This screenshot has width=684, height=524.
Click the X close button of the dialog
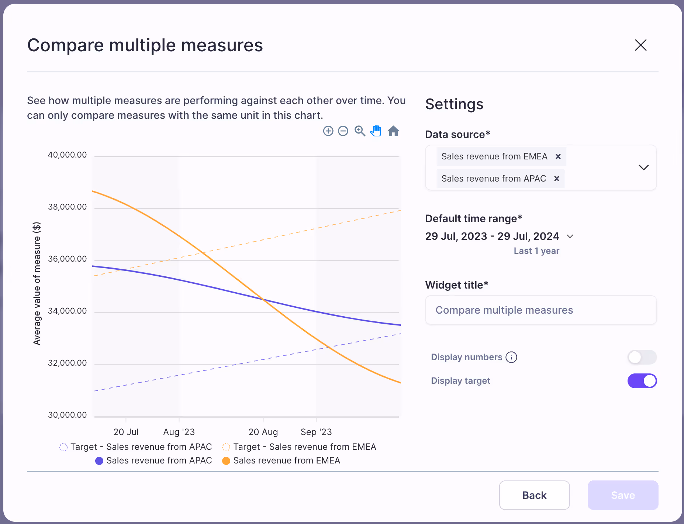(640, 45)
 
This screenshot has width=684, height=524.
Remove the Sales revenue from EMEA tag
(558, 156)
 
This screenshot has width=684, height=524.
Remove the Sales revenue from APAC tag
(557, 179)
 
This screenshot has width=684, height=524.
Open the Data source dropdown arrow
(643, 168)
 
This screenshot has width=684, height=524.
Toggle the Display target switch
(642, 381)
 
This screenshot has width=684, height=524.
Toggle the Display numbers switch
(642, 357)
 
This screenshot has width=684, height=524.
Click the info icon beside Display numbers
(511, 357)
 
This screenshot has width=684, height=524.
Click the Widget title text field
(541, 310)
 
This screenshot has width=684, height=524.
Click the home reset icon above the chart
(393, 131)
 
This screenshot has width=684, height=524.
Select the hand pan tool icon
(376, 131)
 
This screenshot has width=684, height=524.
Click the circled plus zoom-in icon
(328, 131)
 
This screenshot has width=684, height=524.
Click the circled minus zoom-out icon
(343, 131)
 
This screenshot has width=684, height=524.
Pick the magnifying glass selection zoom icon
(360, 131)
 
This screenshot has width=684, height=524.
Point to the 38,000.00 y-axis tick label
(68, 207)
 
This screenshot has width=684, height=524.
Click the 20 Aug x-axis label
(263, 432)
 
